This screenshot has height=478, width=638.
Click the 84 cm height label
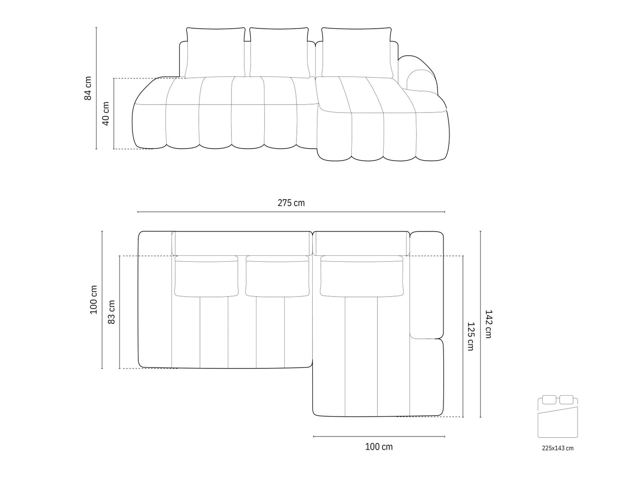pos(88,88)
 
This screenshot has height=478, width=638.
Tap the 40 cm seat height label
pos(105,113)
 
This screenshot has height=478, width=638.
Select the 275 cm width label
pos(291,203)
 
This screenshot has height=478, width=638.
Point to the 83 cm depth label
pos(111,312)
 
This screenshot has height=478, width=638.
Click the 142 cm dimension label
pos(488,324)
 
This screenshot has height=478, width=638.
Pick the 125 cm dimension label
pos(470,336)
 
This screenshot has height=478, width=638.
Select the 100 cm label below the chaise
pos(379,447)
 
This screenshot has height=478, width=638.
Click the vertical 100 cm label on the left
pos(94,300)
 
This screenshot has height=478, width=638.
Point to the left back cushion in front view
pos(215,53)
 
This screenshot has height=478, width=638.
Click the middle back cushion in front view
pos(279,53)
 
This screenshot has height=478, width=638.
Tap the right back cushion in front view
pos(357,53)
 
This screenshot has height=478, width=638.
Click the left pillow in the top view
pos(206,276)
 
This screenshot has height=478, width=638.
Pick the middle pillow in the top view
pos(277,276)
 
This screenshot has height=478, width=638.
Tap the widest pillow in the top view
pos(362,276)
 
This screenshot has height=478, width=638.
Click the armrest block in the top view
pos(427,285)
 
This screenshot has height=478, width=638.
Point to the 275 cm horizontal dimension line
pos(291,212)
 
